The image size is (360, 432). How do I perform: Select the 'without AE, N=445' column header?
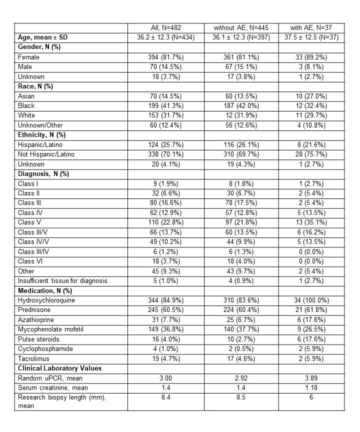coord(243,28)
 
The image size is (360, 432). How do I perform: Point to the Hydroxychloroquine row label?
coord(43,300)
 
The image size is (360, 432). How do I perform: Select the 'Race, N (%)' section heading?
coord(36,86)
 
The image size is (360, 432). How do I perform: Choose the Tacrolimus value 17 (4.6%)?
coord(243,358)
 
